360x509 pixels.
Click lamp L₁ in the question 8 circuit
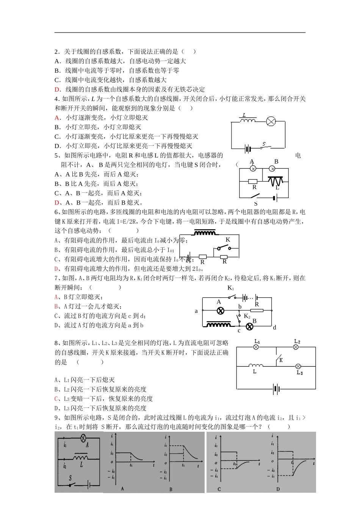256,347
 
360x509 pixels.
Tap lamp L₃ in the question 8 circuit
298,366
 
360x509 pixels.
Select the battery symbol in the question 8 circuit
276,389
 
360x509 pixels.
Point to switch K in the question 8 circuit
279,358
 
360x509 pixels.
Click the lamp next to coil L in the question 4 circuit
271,122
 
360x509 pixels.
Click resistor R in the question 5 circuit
252,181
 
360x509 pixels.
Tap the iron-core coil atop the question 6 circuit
205,233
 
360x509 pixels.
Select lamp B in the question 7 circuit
249,326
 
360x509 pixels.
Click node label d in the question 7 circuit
275,328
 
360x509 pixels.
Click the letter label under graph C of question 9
219,489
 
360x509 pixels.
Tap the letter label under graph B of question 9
171,489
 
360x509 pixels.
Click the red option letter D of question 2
58,89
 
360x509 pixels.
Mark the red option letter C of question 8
56,399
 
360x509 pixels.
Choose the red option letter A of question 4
58,118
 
